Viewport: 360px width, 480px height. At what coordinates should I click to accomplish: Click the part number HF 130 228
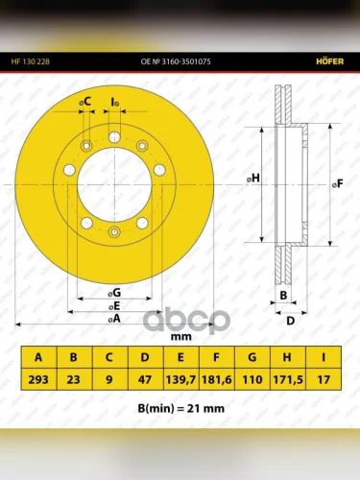coord(31,61)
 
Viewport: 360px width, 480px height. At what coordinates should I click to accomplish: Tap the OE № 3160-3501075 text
coord(176,61)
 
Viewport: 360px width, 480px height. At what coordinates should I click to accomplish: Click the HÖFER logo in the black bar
coord(330,61)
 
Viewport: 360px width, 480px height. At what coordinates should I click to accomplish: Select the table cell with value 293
coord(38,379)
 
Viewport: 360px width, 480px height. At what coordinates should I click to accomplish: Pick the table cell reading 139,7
coord(180,379)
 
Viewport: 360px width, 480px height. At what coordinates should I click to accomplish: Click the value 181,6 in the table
coord(217,379)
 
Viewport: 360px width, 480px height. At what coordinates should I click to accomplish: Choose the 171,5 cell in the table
coord(288,379)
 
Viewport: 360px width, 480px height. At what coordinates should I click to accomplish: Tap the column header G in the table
coord(252,357)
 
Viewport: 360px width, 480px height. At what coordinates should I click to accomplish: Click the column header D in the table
coord(145,357)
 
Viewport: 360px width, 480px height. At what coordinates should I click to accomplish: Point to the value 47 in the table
coord(145,379)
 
